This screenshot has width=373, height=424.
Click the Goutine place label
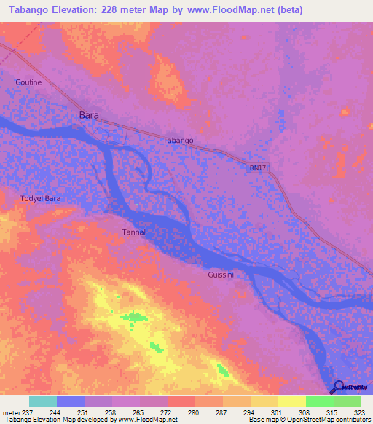pyautogui.click(x=28, y=82)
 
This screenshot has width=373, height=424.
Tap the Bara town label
pyautogui.click(x=88, y=115)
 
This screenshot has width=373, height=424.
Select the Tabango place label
pyautogui.click(x=178, y=140)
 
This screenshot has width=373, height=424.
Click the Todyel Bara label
pyautogui.click(x=40, y=198)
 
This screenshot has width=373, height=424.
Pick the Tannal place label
pyautogui.click(x=133, y=232)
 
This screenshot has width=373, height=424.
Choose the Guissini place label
pyautogui.click(x=221, y=275)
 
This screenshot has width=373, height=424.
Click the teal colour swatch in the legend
pyautogui.click(x=43, y=401)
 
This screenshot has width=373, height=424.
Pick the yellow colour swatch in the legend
pyautogui.click(x=291, y=401)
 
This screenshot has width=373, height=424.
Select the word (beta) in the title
pyautogui.click(x=288, y=10)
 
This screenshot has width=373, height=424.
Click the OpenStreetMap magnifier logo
pyautogui.click(x=338, y=387)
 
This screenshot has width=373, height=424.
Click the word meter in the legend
pyautogui.click(x=12, y=412)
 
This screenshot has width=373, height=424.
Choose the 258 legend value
pyautogui.click(x=109, y=412)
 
